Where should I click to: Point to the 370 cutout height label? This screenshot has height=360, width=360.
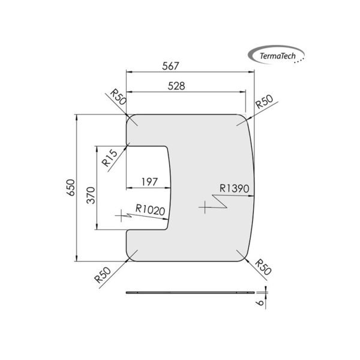click(x=91, y=196)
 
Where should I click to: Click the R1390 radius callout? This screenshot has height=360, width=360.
click(x=234, y=188)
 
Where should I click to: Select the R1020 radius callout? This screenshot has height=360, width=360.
click(x=149, y=209)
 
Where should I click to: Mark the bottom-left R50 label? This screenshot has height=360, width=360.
click(x=103, y=278)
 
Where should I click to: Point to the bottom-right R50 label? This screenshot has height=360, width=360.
click(x=263, y=266)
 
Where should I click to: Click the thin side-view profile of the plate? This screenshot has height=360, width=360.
click(x=191, y=292)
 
